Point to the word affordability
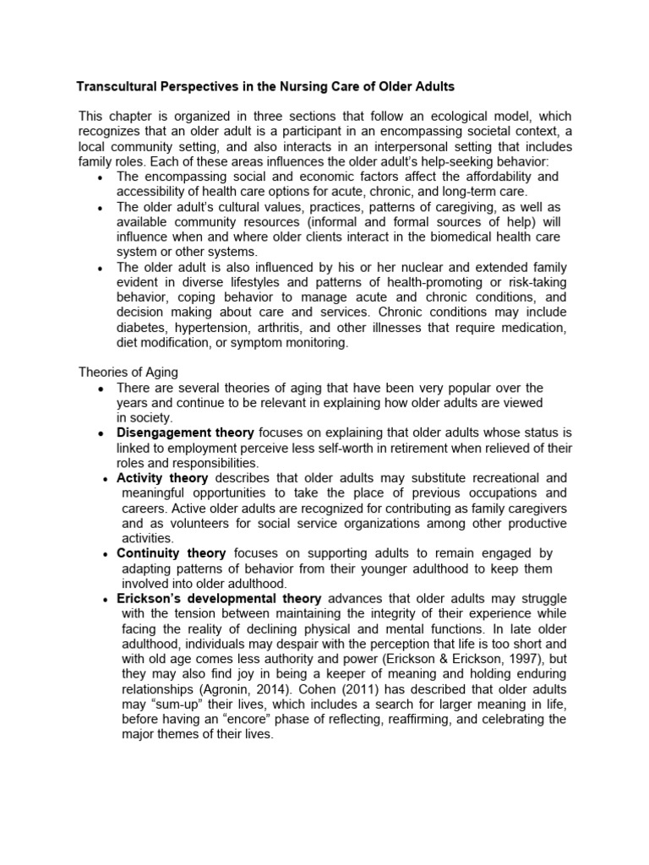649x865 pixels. pos(488,177)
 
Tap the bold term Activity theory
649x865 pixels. pos(162,478)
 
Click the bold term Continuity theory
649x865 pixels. pos(171,553)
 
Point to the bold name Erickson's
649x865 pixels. pos(150,599)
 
